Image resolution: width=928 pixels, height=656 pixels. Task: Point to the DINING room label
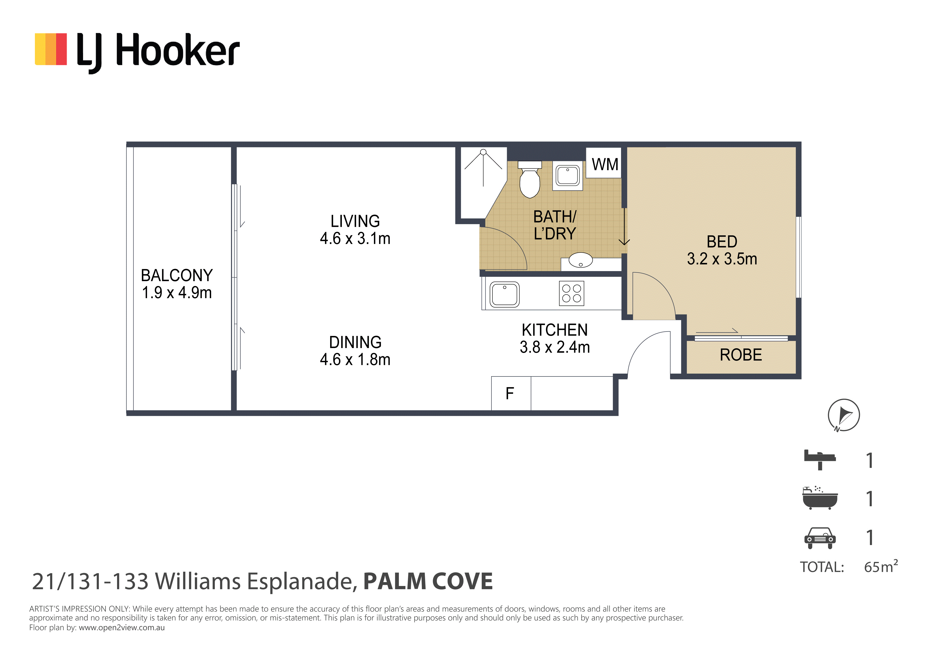click(355, 342)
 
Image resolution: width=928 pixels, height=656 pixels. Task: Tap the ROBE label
click(741, 355)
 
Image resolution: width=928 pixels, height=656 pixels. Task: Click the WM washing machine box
click(604, 163)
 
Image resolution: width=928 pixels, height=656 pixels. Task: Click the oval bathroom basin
click(580, 260)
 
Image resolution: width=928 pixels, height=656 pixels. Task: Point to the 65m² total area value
click(881, 566)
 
